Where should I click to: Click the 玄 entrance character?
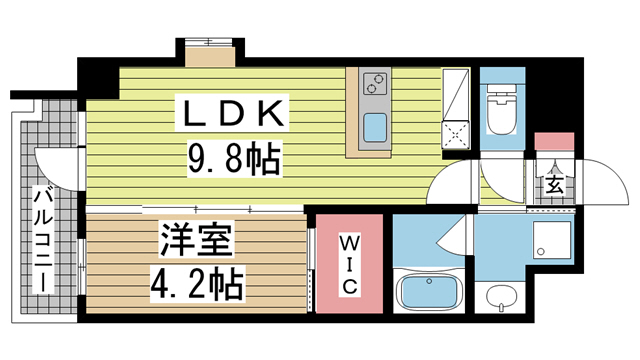553,184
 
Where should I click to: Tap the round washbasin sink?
500,297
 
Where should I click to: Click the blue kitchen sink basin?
375,128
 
